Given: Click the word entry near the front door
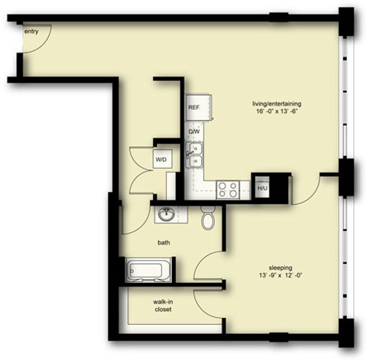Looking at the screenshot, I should (32, 31).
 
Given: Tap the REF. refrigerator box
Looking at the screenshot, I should (194, 108).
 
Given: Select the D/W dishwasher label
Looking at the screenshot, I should (194, 131).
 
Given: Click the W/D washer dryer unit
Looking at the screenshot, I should (162, 159).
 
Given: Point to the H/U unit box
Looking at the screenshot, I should (262, 188).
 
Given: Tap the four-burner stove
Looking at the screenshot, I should (227, 188).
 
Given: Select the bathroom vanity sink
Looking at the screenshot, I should (167, 215).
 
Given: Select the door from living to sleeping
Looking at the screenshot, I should (306, 191).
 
